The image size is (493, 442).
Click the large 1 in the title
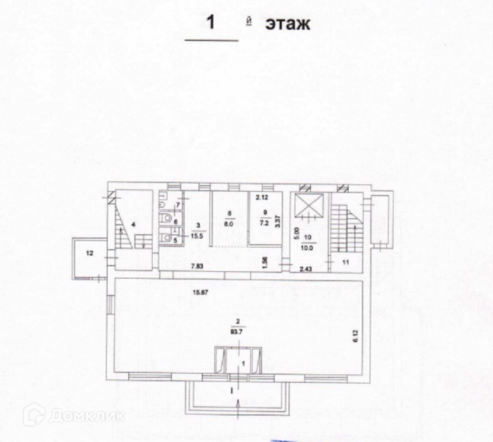(211, 24)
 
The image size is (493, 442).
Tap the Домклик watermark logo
(74, 416)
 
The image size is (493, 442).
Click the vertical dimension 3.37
(279, 220)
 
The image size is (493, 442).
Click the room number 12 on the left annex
(89, 253)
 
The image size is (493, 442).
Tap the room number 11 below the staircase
(346, 263)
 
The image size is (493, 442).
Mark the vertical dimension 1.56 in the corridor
(264, 261)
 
